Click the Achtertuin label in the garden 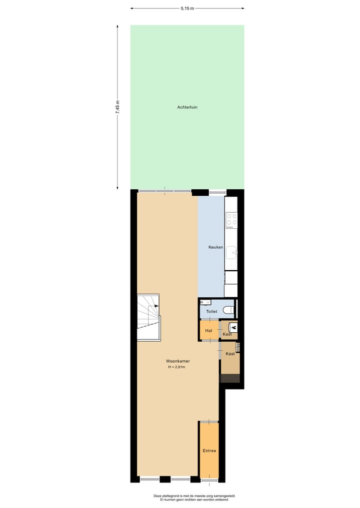point(187,107)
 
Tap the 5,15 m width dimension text point(187,8)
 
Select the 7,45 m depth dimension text point(117,107)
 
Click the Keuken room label point(215,248)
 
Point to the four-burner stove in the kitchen point(231,219)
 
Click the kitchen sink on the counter point(231,254)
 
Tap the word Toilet point(211,312)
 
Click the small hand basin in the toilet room point(205,303)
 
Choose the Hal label point(208,331)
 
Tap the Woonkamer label point(178,361)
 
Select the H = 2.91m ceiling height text point(177,368)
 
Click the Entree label point(209,451)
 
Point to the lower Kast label point(230,354)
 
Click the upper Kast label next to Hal point(227,334)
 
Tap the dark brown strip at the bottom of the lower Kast point(230,379)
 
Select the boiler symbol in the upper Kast point(233,328)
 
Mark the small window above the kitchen point(217,192)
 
